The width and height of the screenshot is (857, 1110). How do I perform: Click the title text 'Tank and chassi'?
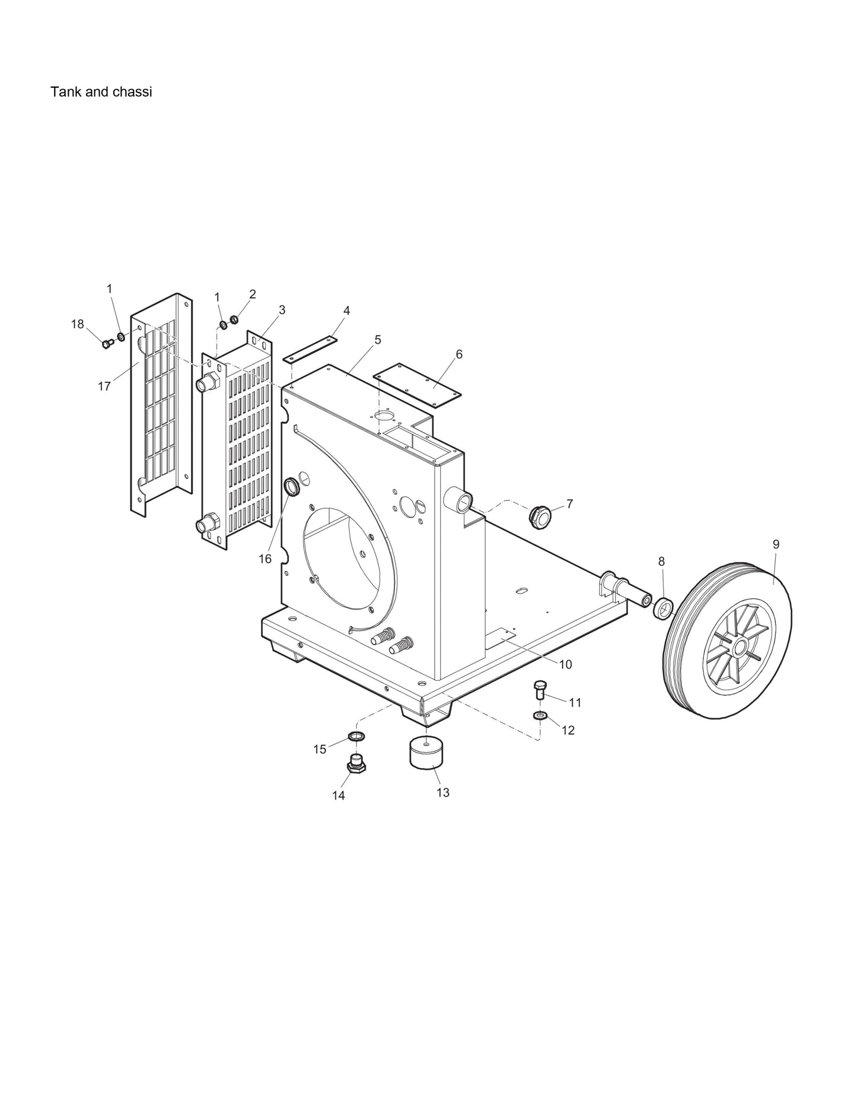click(101, 92)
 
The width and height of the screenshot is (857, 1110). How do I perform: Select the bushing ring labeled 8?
click(664, 608)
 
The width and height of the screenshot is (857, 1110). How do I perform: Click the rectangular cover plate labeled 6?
click(418, 386)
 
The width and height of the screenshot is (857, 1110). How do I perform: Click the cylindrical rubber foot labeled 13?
click(425, 754)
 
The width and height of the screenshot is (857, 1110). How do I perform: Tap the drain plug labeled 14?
click(356, 765)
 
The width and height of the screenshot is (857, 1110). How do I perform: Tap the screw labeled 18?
click(107, 343)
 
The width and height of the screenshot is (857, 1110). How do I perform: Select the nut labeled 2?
click(234, 321)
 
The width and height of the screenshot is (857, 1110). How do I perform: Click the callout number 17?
click(104, 386)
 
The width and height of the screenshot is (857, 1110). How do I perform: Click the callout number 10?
click(566, 664)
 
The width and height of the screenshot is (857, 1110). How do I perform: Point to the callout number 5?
click(377, 340)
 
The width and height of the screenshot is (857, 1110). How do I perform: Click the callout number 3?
click(282, 309)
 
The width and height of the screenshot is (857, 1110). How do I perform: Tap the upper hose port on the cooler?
click(206, 383)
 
